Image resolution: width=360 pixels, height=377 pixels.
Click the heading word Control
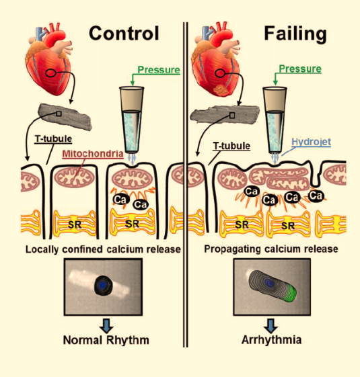coord(124,33)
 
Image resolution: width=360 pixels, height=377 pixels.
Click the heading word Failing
coord(295,34)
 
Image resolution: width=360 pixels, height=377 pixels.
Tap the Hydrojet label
coord(311,142)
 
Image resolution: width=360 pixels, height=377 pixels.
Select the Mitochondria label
coord(93,154)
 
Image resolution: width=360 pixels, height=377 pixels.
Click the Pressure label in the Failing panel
coord(300,69)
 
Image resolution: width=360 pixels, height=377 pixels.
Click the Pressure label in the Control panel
coord(159,70)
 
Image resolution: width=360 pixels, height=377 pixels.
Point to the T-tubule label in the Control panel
coord(53,138)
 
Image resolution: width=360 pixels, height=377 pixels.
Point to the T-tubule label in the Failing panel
coord(231,146)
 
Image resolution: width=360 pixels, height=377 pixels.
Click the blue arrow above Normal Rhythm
coord(106,325)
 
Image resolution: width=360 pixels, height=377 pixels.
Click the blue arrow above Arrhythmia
coord(271,325)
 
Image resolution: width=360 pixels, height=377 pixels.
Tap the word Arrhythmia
coord(271,340)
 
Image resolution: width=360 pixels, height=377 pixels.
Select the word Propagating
coord(232,249)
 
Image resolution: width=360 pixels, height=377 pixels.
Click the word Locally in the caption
coord(42,249)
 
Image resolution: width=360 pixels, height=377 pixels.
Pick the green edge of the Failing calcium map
coord(292,292)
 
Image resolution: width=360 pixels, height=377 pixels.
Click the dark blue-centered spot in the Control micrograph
coord(103,285)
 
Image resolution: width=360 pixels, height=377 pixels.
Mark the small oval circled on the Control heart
coord(50,73)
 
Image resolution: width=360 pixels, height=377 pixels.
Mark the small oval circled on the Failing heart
coord(219,73)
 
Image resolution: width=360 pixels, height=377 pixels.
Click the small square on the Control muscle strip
coord(59,114)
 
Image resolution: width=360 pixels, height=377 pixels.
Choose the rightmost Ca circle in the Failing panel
coord(316,196)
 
